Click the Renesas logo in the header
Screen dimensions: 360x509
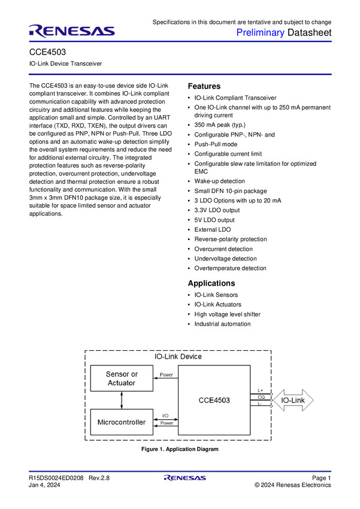[72, 31]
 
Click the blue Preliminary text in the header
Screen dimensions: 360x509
[261, 32]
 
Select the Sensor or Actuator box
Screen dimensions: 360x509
[122, 378]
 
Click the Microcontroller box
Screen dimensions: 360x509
[122, 422]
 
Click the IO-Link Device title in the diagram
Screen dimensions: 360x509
[178, 356]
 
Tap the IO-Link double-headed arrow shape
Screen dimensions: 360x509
[294, 399]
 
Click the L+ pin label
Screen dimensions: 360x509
[261, 390]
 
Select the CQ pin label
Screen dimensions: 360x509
[261, 397]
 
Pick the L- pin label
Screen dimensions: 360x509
[260, 404]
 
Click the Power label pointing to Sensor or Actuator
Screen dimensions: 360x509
[167, 375]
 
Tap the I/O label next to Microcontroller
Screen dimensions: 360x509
[165, 416]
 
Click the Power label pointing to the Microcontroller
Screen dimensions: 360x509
[167, 423]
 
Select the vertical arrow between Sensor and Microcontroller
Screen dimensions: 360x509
[122, 400]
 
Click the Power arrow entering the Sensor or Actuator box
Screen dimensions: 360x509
[165, 378]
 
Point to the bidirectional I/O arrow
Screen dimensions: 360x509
[166, 419]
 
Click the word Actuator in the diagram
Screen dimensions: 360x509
[122, 383]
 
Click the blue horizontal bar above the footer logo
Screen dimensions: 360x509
[180, 471]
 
